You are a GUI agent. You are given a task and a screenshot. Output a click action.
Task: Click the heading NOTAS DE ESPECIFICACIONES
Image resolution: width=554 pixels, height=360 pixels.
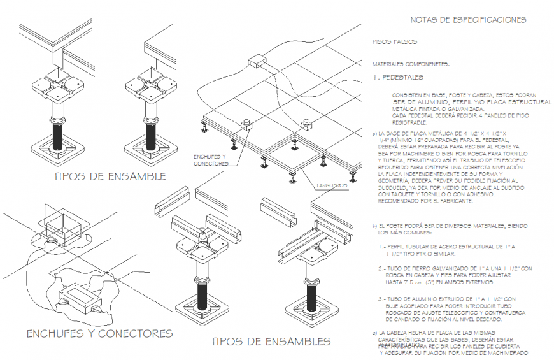[x=469, y=20]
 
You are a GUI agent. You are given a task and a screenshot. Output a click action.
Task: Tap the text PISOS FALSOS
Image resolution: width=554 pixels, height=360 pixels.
[x=395, y=42]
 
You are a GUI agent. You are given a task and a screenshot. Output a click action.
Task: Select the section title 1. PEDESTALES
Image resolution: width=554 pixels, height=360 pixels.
[x=398, y=78]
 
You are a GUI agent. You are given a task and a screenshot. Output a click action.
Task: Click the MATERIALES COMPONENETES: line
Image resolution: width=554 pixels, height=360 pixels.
[x=411, y=64]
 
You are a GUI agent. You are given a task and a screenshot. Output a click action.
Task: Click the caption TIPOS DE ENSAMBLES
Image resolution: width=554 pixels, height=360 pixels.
[x=271, y=342]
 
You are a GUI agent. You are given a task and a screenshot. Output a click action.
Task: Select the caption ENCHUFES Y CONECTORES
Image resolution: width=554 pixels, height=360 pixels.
[x=99, y=333]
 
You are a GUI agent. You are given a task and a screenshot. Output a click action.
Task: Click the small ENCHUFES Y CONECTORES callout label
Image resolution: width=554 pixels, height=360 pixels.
[x=211, y=160]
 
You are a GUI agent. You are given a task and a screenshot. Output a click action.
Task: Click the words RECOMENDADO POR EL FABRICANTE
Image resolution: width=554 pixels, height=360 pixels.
[x=425, y=201]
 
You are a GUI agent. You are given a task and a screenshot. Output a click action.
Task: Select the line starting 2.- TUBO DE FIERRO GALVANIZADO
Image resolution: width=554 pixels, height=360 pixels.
[x=455, y=268]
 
